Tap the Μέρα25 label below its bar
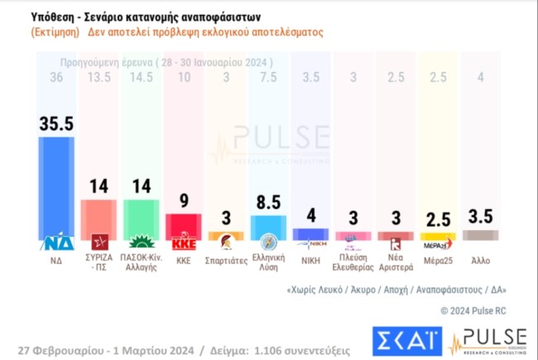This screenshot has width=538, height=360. tap(440, 259)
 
